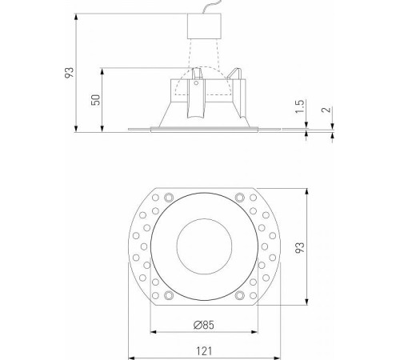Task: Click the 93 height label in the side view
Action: point(70,72)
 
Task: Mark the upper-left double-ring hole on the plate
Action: point(167,197)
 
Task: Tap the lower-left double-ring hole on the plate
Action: point(167,295)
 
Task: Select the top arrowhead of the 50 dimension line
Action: point(104,67)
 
